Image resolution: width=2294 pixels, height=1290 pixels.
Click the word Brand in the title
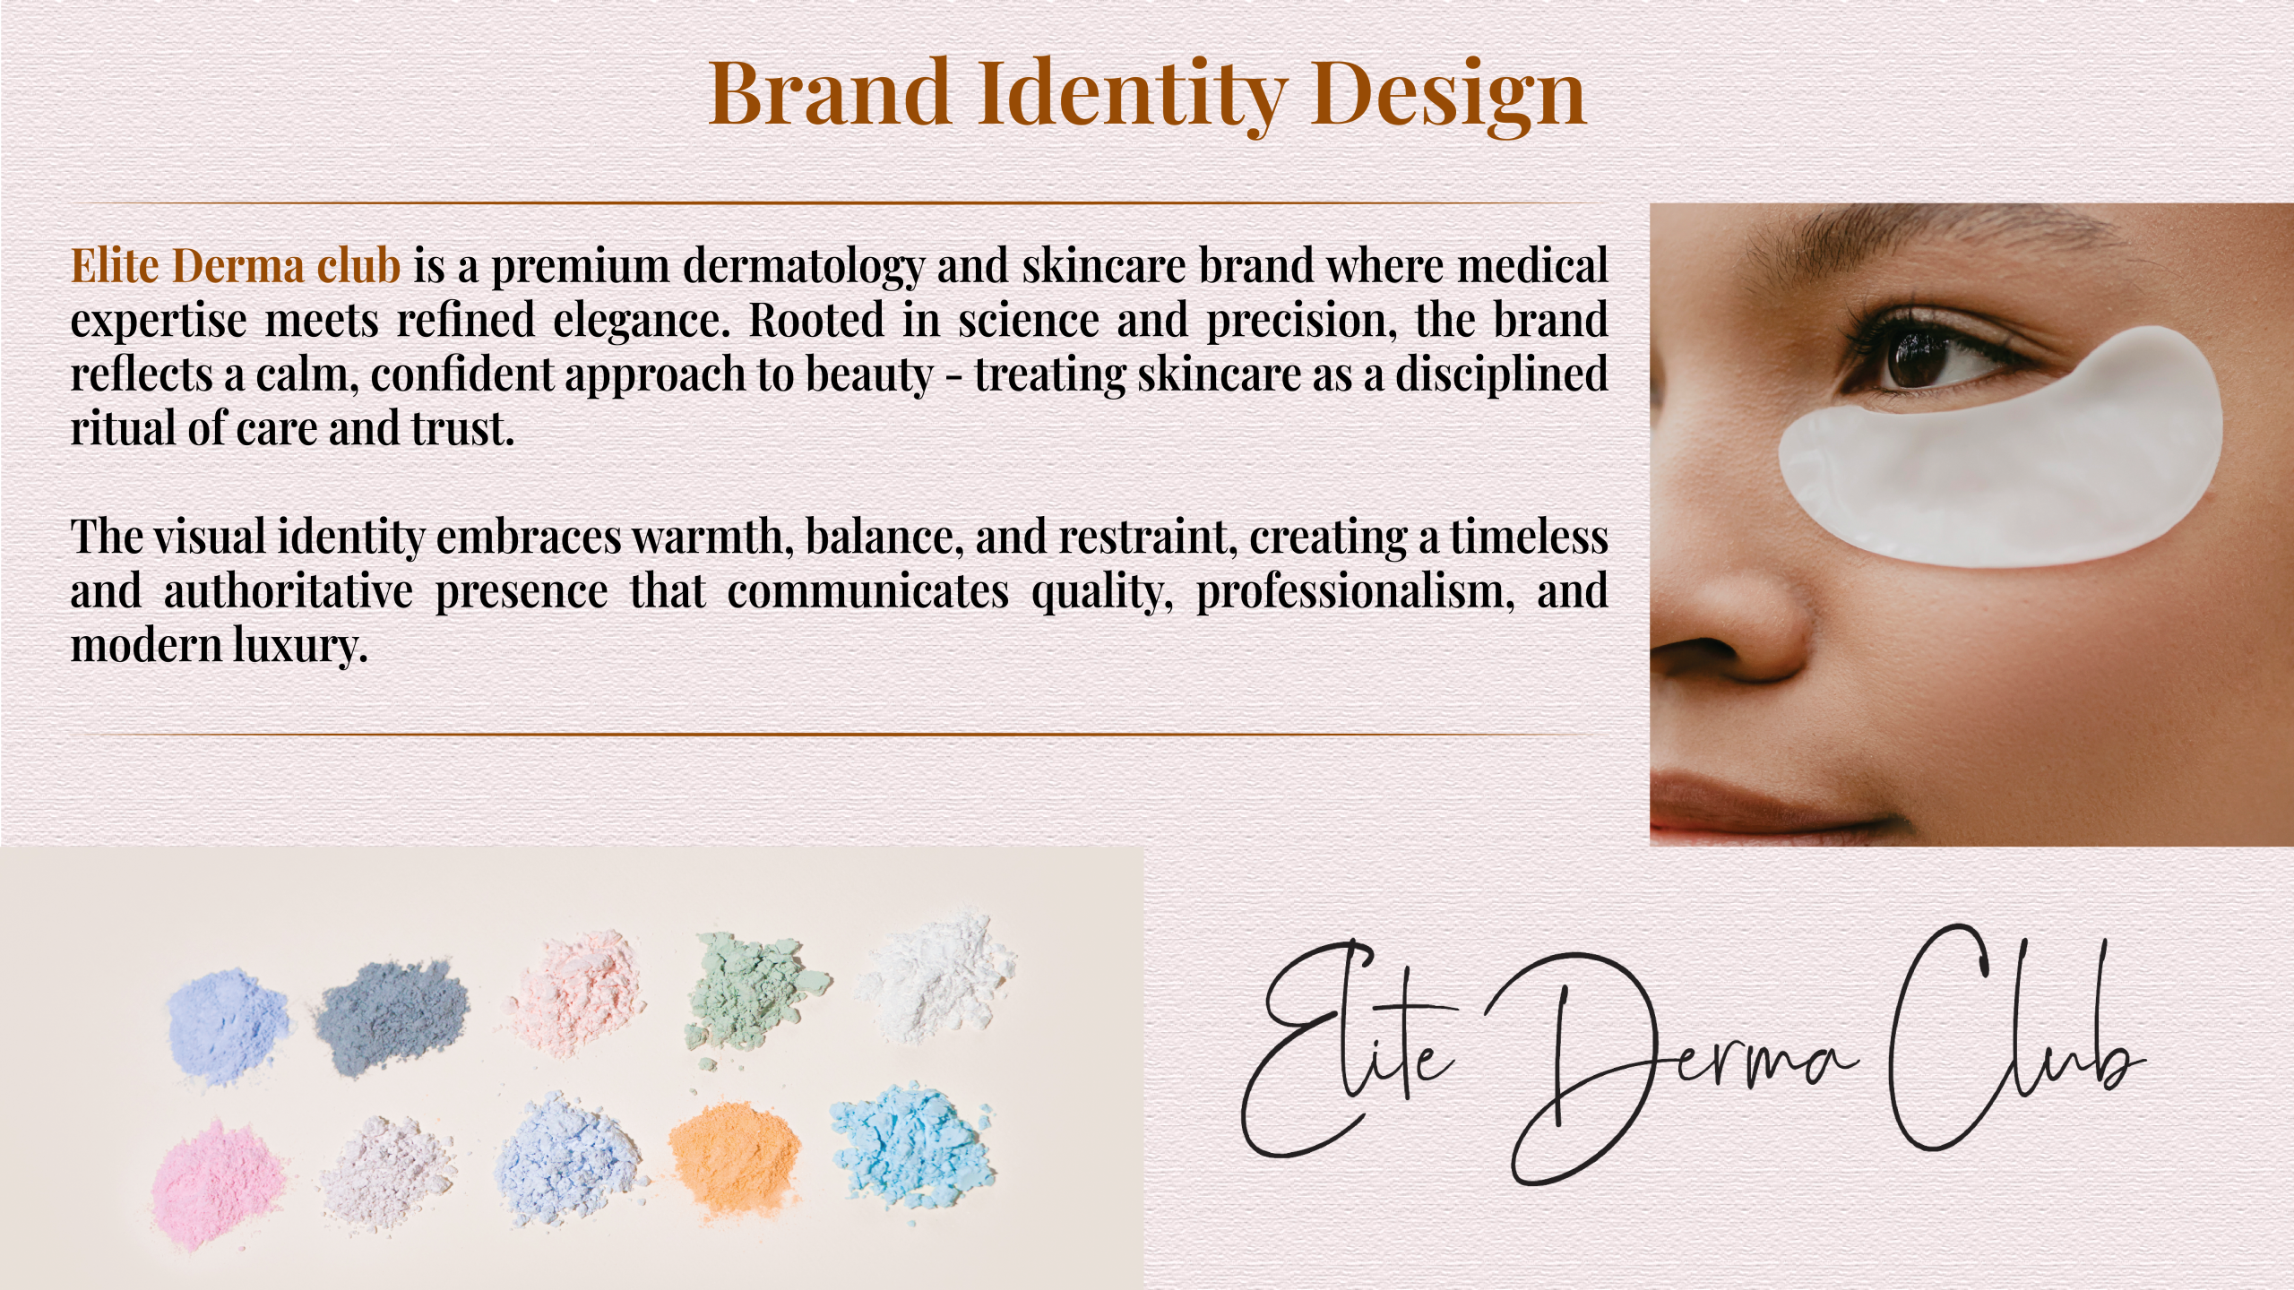pyautogui.click(x=829, y=92)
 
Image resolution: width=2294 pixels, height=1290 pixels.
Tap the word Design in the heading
pyautogui.click(x=1448, y=97)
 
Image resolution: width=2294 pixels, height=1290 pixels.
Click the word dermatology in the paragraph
pyautogui.click(x=804, y=268)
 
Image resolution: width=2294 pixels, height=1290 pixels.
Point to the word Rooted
pyautogui.click(x=816, y=320)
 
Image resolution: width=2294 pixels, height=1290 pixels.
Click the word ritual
pyautogui.click(x=123, y=428)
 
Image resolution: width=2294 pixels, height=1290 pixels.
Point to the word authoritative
pyautogui.click(x=289, y=591)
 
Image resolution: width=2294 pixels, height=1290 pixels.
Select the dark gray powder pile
pyautogui.click(x=392, y=1014)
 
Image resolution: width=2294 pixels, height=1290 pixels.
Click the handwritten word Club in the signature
pyautogui.click(x=2016, y=1039)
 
